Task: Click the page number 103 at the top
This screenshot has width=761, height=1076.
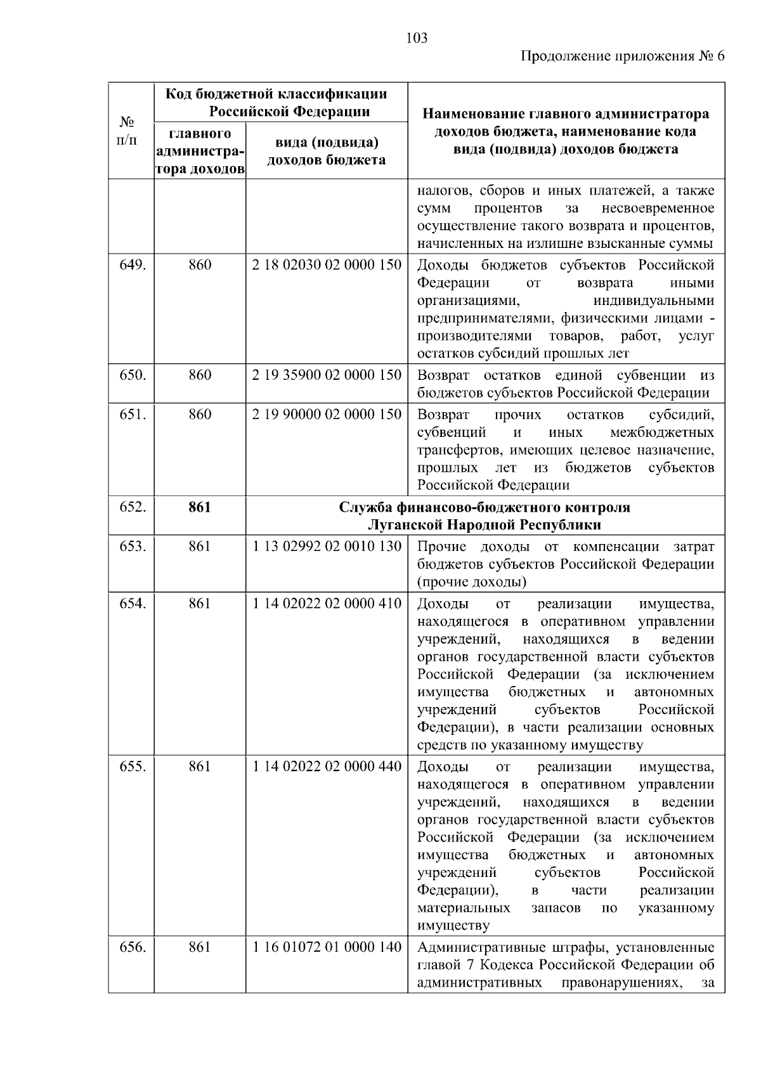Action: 417,38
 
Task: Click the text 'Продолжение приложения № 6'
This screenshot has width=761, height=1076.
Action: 622,56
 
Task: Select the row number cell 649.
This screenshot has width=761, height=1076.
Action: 133,265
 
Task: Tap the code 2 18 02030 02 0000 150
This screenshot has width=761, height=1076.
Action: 327,265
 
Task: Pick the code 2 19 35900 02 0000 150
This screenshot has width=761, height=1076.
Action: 327,375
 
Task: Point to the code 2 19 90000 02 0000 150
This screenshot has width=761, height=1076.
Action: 327,414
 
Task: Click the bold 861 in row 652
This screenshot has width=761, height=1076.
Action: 200,507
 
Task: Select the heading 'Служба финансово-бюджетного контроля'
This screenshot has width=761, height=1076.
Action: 485,507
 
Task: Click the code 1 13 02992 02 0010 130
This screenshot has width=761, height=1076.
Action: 327,547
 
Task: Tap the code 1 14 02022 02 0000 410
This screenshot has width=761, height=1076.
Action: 327,603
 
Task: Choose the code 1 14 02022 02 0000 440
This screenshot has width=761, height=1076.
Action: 327,767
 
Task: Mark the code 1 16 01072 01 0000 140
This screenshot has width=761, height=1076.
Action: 327,947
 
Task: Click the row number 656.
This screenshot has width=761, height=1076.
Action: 133,947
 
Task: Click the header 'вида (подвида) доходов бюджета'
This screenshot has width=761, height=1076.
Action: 326,151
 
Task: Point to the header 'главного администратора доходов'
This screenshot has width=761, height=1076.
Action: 200,152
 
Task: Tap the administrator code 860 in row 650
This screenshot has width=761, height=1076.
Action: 200,375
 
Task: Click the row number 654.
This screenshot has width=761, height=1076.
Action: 133,603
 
